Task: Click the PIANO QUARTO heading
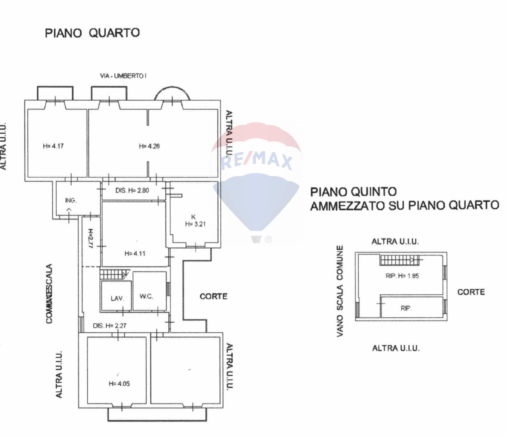pyautogui.click(x=92, y=33)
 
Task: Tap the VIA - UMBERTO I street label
pyautogui.click(x=123, y=76)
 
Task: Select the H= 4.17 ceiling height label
pyautogui.click(x=53, y=146)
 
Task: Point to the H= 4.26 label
pyautogui.click(x=149, y=146)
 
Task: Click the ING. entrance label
pyautogui.click(x=71, y=200)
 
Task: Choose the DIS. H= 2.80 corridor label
pyautogui.click(x=132, y=190)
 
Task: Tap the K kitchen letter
pyautogui.click(x=194, y=217)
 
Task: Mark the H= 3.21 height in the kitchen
pyautogui.click(x=195, y=224)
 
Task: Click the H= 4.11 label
pyautogui.click(x=135, y=254)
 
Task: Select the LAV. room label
pyautogui.click(x=117, y=299)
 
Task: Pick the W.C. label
pyautogui.click(x=146, y=296)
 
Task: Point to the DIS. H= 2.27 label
pyautogui.click(x=110, y=326)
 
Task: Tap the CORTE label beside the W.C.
pyautogui.click(x=213, y=296)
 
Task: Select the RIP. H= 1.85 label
pyautogui.click(x=402, y=276)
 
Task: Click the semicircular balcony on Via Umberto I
pyautogui.click(x=172, y=94)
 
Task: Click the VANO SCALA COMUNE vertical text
pyautogui.click(x=340, y=291)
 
